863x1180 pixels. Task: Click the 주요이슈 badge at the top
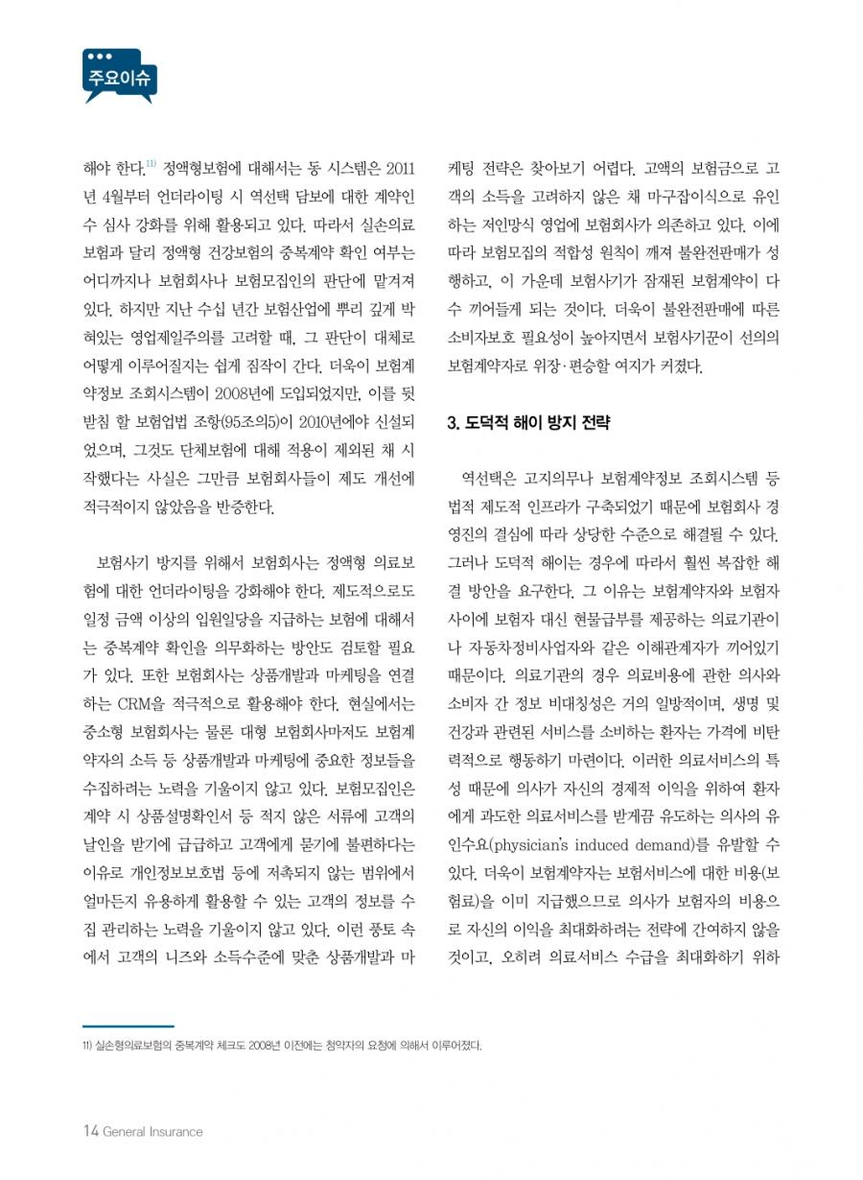click(119, 77)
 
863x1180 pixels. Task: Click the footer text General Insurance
click(152, 1132)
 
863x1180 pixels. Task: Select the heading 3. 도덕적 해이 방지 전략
click(529, 422)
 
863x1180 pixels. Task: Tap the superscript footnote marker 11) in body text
click(152, 165)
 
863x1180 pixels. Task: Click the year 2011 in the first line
click(397, 171)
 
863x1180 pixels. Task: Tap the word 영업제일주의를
click(211, 338)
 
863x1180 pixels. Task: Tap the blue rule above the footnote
click(128, 1027)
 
